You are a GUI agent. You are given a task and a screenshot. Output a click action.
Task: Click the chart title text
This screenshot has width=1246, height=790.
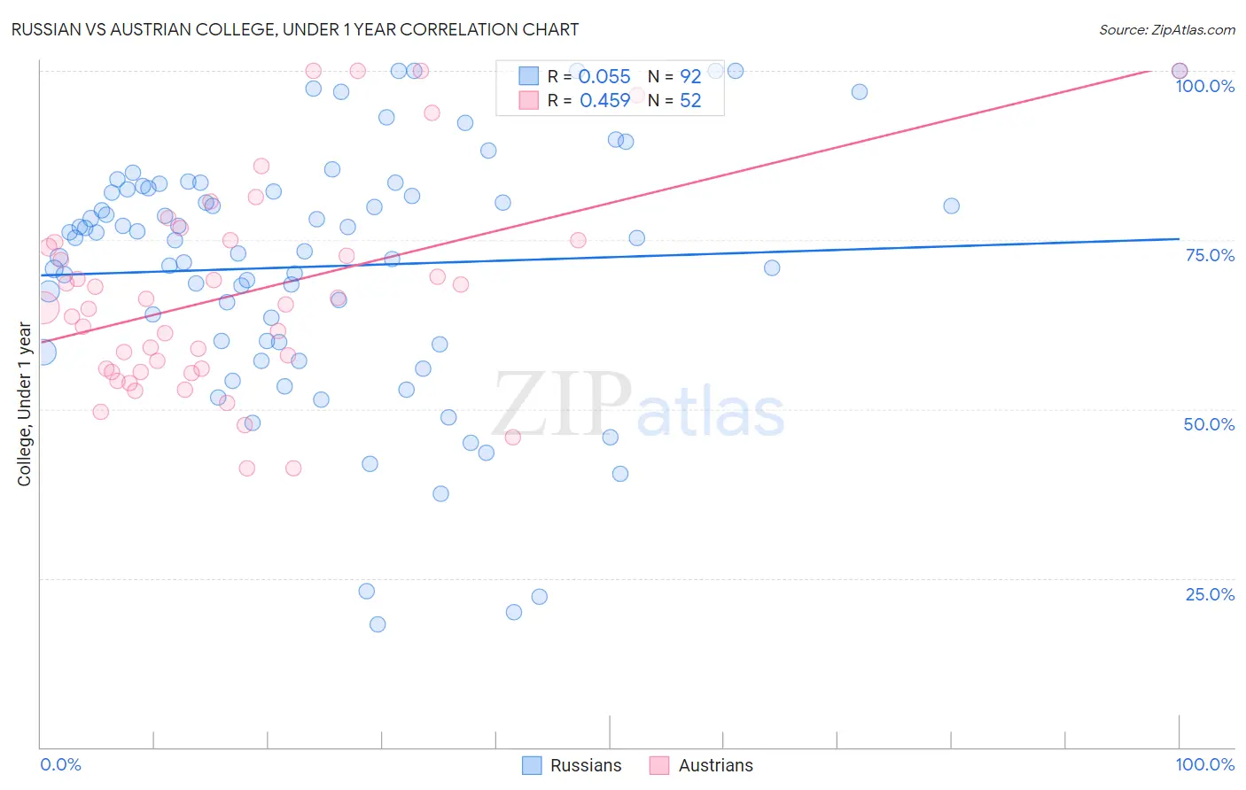point(295,29)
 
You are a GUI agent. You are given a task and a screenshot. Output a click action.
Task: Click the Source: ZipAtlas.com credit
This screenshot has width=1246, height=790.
point(1166,29)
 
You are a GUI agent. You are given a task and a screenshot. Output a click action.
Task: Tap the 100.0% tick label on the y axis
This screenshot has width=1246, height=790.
point(1204,86)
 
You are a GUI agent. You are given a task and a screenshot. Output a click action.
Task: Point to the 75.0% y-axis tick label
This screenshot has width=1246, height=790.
point(1210,255)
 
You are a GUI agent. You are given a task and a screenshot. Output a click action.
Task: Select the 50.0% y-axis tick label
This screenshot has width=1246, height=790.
point(1209,424)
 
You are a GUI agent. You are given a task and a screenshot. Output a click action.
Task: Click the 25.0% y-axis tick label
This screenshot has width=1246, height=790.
point(1210,594)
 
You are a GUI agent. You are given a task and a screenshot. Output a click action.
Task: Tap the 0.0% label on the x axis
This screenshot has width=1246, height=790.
point(60,764)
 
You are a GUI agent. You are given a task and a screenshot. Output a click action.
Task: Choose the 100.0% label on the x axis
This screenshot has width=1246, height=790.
point(1204,764)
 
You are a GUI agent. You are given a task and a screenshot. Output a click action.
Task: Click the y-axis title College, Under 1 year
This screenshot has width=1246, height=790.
point(25,405)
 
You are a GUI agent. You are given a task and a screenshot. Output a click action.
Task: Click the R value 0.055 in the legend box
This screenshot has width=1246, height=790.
point(604,76)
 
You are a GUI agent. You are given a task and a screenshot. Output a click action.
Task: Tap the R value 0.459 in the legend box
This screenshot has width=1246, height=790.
point(604,101)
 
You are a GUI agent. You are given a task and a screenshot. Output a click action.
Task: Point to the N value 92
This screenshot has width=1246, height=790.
point(690,76)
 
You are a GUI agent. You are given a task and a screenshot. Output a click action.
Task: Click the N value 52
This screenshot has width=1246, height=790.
point(690,101)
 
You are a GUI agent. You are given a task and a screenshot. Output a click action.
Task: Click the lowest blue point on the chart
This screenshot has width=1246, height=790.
point(378,624)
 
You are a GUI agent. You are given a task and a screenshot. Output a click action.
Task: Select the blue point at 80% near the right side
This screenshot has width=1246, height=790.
point(951,205)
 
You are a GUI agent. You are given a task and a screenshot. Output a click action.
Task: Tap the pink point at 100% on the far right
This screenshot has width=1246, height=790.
point(1180,71)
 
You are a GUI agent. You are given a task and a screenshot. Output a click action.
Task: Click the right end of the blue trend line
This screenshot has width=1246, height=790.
point(1180,238)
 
